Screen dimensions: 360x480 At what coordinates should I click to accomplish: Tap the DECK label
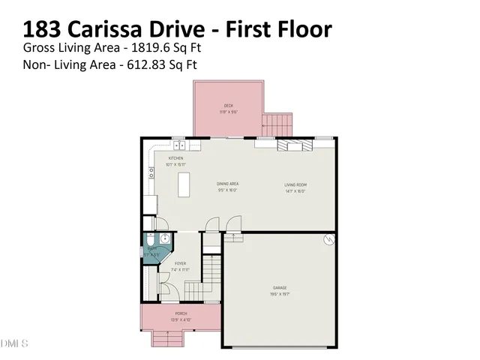pyautogui.click(x=228, y=106)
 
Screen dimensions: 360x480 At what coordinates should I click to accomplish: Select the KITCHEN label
pyautogui.click(x=176, y=158)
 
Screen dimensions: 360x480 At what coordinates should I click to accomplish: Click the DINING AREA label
pyautogui.click(x=228, y=184)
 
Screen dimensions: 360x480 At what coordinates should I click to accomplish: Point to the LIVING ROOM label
pyautogui.click(x=295, y=184)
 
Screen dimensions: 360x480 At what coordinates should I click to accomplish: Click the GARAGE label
pyautogui.click(x=279, y=288)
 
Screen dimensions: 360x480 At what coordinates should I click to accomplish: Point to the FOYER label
pyautogui.click(x=180, y=264)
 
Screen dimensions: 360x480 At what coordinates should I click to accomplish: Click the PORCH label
pyautogui.click(x=181, y=313)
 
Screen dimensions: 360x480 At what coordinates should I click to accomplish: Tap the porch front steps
pyautogui.click(x=170, y=339)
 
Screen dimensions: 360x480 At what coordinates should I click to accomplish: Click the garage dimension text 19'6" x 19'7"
pyautogui.click(x=279, y=294)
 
